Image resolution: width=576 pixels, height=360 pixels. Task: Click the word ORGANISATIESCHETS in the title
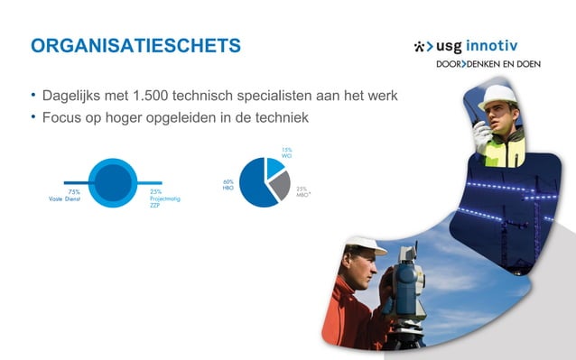point(135,46)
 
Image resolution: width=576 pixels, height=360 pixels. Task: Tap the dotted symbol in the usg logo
point(422,46)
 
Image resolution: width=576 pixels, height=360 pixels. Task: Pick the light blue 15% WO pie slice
point(274,167)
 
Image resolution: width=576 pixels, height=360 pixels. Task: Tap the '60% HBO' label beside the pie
point(228,184)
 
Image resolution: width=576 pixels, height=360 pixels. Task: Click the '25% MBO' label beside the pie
point(302,191)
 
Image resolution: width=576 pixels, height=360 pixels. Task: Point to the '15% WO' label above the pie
point(286,152)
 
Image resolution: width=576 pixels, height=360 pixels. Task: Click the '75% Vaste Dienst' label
point(65,195)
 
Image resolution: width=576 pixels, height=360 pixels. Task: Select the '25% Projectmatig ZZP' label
point(164,198)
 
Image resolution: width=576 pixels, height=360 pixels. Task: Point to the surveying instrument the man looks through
point(406,284)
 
